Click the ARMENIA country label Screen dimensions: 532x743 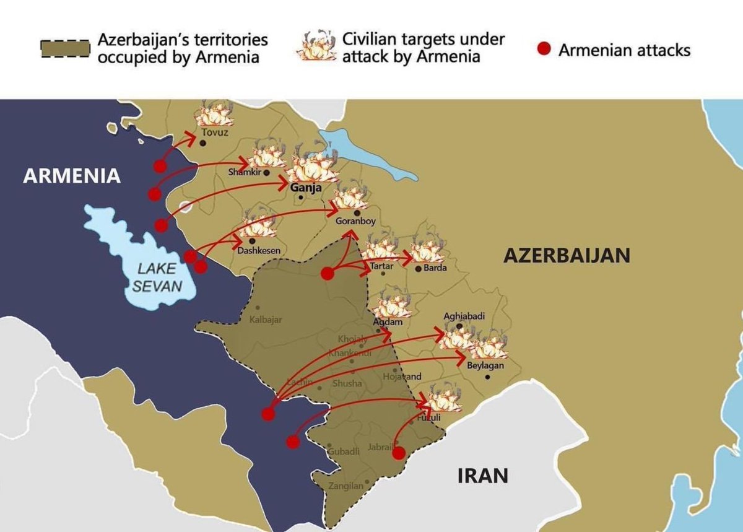pos(72,176)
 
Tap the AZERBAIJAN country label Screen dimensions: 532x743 pos(567,255)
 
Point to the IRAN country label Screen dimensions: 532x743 pos(483,476)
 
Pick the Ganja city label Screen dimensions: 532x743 pos(305,189)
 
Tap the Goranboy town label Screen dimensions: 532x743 pos(355,221)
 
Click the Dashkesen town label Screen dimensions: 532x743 pos(259,251)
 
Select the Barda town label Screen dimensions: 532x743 pos(435,268)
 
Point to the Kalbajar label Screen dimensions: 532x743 pos(266,320)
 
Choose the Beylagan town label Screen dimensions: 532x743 pos(485,366)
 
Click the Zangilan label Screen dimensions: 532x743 pos(345,486)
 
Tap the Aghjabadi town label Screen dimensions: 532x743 pos(464,316)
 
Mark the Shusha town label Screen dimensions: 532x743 pos(347,384)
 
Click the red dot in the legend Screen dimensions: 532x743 pos(544,50)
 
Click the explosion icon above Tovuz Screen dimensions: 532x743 pos(214,113)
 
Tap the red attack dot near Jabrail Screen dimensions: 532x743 pos(399,453)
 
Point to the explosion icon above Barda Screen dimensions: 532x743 pos(427,251)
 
